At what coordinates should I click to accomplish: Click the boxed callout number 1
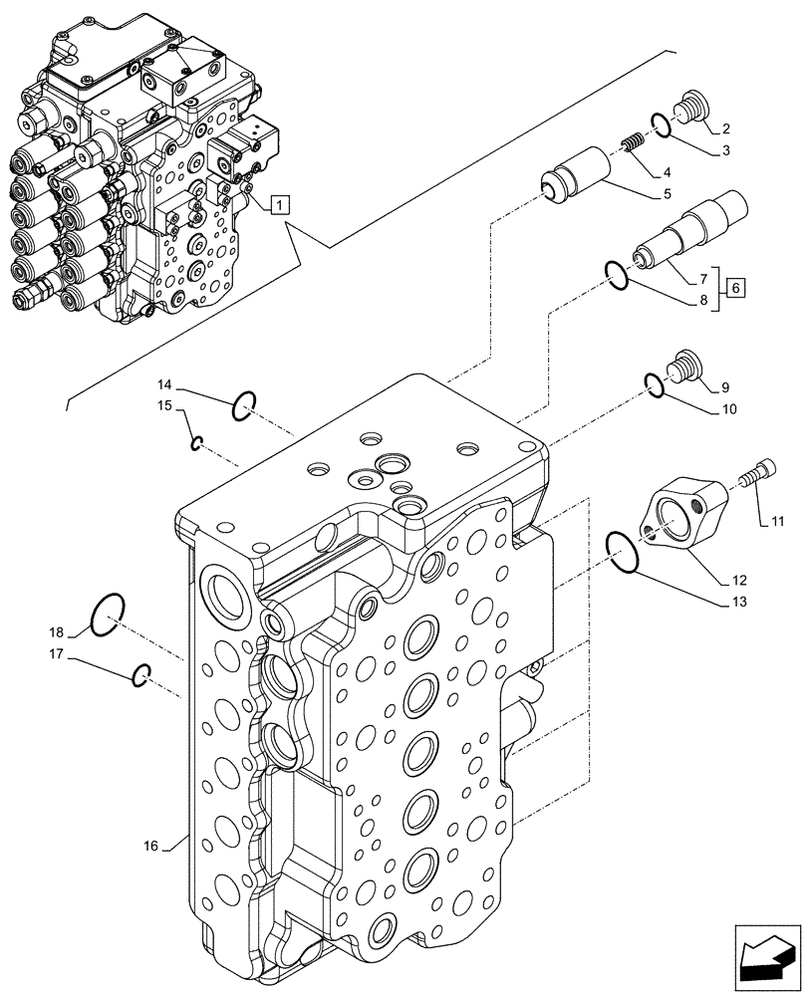[x=281, y=206]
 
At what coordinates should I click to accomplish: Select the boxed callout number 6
[x=735, y=288]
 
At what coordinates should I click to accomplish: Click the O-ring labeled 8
[x=617, y=276]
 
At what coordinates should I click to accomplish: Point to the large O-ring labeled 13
[x=622, y=553]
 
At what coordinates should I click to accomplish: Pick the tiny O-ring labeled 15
[x=197, y=443]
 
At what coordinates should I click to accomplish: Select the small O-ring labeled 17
[x=141, y=675]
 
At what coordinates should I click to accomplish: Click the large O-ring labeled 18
[x=107, y=616]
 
